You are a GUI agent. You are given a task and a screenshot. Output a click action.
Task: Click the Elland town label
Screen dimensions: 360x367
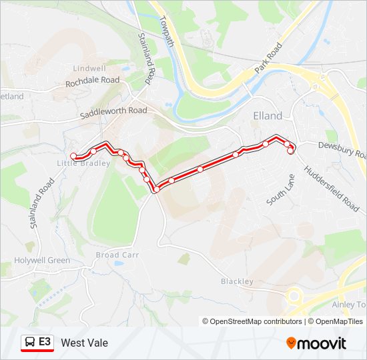click(x=268, y=115)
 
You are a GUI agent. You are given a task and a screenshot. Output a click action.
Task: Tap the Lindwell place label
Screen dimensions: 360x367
click(x=90, y=69)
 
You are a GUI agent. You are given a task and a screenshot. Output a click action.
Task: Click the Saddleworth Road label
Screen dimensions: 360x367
click(x=113, y=112)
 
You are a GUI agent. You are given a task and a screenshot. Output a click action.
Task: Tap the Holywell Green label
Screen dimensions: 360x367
click(x=42, y=260)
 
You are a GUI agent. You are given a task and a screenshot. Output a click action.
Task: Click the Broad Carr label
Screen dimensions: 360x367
click(x=117, y=255)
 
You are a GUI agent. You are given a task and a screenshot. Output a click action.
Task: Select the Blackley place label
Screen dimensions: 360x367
click(x=237, y=281)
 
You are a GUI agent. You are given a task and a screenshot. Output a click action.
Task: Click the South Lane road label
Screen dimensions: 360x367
click(x=280, y=189)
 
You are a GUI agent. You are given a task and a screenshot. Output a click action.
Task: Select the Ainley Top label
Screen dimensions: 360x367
click(x=348, y=305)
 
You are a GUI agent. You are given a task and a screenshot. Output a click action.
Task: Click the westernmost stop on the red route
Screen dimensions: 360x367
click(x=73, y=157)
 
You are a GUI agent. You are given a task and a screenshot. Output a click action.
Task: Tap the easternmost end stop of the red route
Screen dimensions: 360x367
click(x=291, y=151)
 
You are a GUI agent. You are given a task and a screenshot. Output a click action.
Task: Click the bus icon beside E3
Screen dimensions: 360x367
click(x=30, y=342)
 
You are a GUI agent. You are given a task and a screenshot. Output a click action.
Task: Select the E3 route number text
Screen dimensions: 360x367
click(x=45, y=342)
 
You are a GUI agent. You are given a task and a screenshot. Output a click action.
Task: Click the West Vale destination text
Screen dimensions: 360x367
click(x=84, y=343)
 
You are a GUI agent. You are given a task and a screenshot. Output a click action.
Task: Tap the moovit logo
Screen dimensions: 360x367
click(x=316, y=343)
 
